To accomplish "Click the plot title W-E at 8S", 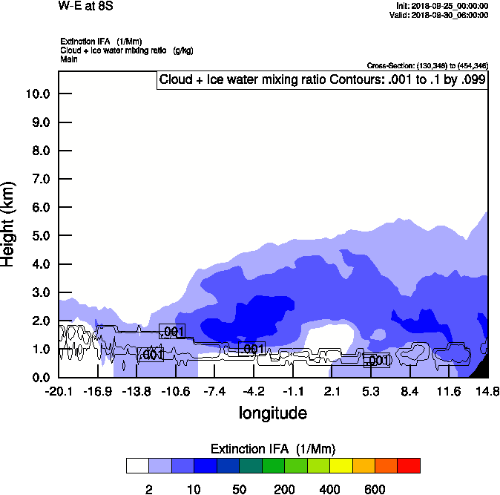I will [82, 7].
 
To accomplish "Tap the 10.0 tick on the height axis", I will [37, 94].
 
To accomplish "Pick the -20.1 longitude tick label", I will [58, 391].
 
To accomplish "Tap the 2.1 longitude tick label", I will [332, 391].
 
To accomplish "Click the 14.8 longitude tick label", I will [487, 391].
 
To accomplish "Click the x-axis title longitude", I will [272, 413].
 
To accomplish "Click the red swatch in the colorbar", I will [409, 465].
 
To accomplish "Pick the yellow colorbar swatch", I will [341, 465].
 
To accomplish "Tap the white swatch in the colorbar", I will [137, 465].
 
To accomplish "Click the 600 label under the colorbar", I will [375, 489].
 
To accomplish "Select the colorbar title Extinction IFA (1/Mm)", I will [272, 448].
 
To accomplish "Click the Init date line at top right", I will [442, 6].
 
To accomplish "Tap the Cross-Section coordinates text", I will [427, 65].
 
